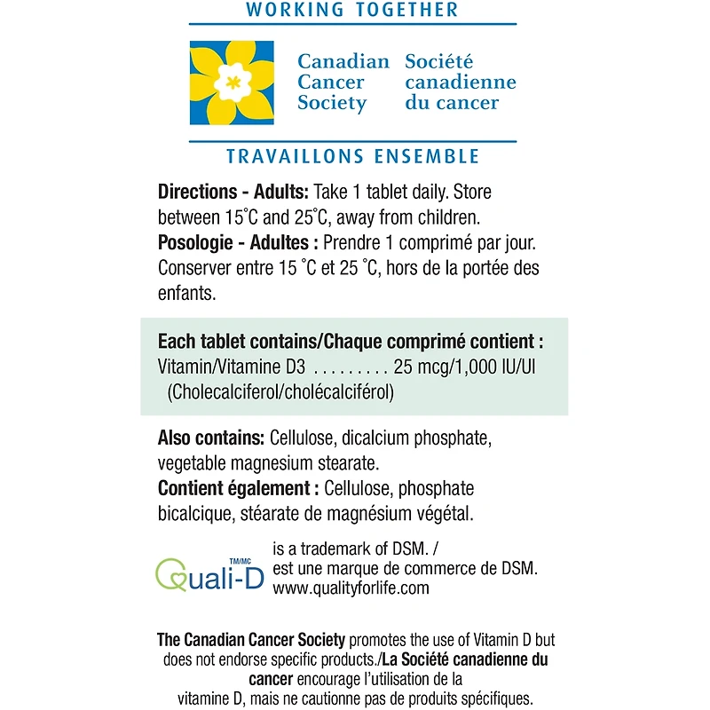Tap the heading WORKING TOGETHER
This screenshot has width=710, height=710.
point(352,11)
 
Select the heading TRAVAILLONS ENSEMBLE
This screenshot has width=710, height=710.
point(352,156)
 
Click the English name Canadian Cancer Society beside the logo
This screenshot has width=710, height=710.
point(343,83)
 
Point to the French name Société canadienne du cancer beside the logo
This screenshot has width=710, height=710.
point(460,83)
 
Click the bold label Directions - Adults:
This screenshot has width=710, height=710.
point(233,192)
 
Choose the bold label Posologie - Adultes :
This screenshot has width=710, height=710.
point(238,242)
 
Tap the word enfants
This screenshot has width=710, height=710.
point(186,292)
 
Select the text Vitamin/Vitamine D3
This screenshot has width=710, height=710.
point(232,367)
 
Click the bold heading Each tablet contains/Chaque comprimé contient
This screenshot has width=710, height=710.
point(351,342)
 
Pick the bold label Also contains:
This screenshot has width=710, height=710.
point(210,439)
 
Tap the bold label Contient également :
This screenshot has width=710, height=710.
point(238,488)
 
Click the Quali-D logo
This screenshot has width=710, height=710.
point(209,573)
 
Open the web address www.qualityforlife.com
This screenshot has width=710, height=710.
point(351,588)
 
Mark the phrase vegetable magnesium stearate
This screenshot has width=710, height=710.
point(269,463)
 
